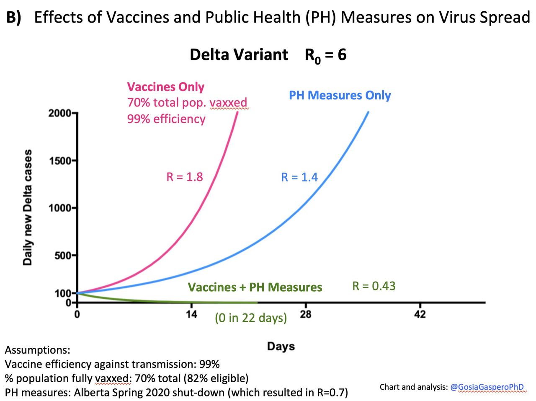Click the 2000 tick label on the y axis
pyautogui.click(x=59, y=113)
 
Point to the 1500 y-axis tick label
pyautogui.click(x=59, y=160)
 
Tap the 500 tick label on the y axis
pyautogui.click(x=62, y=255)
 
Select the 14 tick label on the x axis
pyautogui.click(x=191, y=314)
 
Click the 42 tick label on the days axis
pyautogui.click(x=420, y=314)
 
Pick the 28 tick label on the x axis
pyautogui.click(x=306, y=314)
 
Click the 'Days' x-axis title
pyautogui.click(x=281, y=347)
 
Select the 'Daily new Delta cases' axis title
pyautogui.click(x=28, y=207)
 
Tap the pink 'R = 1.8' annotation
pyautogui.click(x=184, y=177)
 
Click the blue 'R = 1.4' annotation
pyautogui.click(x=299, y=177)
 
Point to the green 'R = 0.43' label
pyautogui.click(x=374, y=286)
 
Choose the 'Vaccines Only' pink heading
pyautogui.click(x=165, y=87)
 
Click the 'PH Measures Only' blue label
pyautogui.click(x=340, y=95)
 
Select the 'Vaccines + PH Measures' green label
pyautogui.click(x=255, y=287)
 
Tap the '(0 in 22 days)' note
pyautogui.click(x=251, y=318)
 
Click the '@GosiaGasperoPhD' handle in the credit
pyautogui.click(x=487, y=387)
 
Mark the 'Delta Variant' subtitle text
pyautogui.click(x=239, y=55)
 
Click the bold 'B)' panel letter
pyautogui.click(x=13, y=18)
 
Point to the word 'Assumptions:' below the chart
pyautogui.click(x=37, y=350)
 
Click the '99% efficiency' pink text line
pyautogui.click(x=166, y=119)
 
